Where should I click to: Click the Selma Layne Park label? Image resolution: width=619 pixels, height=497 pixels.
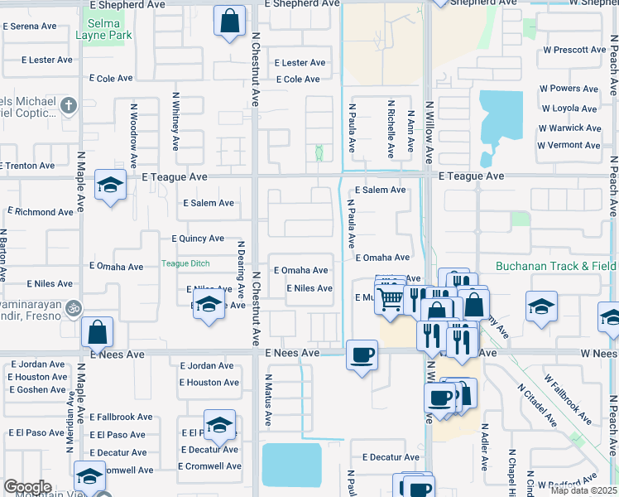pos(103,29)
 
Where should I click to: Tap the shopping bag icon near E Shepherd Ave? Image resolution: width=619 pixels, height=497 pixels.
pos(231,21)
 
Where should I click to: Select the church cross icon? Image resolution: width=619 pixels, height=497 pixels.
pos(69,105)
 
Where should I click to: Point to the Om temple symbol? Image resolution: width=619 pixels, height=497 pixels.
pos(73,307)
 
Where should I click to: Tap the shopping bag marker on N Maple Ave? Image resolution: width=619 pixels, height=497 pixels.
pos(98,332)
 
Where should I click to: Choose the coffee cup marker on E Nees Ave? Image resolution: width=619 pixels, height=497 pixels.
pos(362,355)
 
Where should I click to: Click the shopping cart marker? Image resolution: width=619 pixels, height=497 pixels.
pos(391,298)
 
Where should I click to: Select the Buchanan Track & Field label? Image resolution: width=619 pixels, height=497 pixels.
pos(555,266)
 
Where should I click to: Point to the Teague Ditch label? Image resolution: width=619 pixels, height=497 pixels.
pos(185,263)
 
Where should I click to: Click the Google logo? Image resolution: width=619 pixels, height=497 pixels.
pos(27,487)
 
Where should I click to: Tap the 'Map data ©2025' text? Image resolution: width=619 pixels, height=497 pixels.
pos(583,490)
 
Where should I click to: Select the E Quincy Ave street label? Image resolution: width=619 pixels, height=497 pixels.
pos(198,239)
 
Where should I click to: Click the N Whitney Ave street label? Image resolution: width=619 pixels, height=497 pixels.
pos(175,126)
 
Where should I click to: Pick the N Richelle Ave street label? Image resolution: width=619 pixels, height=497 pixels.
pos(391,129)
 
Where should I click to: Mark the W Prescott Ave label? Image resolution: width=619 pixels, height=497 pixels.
pos(574,50)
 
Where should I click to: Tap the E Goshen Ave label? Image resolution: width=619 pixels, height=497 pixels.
pos(37,389)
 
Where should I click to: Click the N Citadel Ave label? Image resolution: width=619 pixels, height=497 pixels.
pos(538,406)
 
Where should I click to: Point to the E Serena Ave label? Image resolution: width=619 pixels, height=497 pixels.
pos(30,27)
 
